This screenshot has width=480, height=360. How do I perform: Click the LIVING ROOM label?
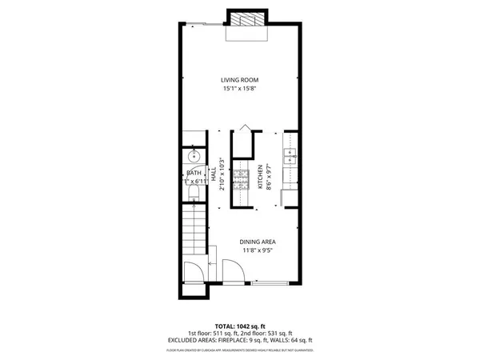(240, 80)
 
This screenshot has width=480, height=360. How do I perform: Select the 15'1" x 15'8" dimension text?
(240, 89)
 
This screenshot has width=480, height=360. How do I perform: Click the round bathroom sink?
(193, 156)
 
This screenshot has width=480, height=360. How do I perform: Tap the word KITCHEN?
(260, 178)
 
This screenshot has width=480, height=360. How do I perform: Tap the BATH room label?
(194, 174)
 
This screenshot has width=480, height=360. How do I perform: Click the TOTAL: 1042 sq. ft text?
(240, 326)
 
